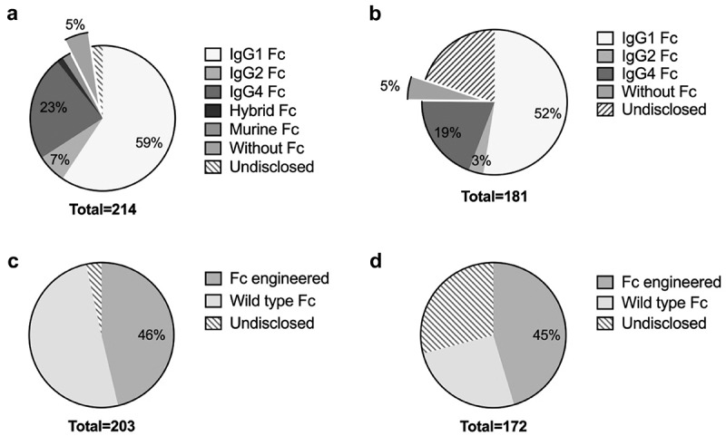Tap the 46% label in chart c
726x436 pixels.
[x=152, y=334]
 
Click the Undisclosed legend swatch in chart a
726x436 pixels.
[x=215, y=168]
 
